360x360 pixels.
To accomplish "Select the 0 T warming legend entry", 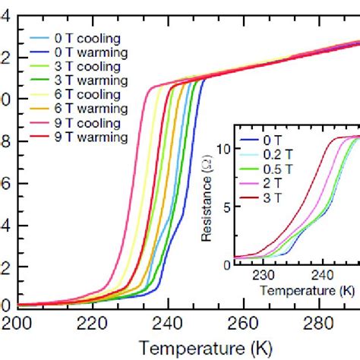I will [83, 52].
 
